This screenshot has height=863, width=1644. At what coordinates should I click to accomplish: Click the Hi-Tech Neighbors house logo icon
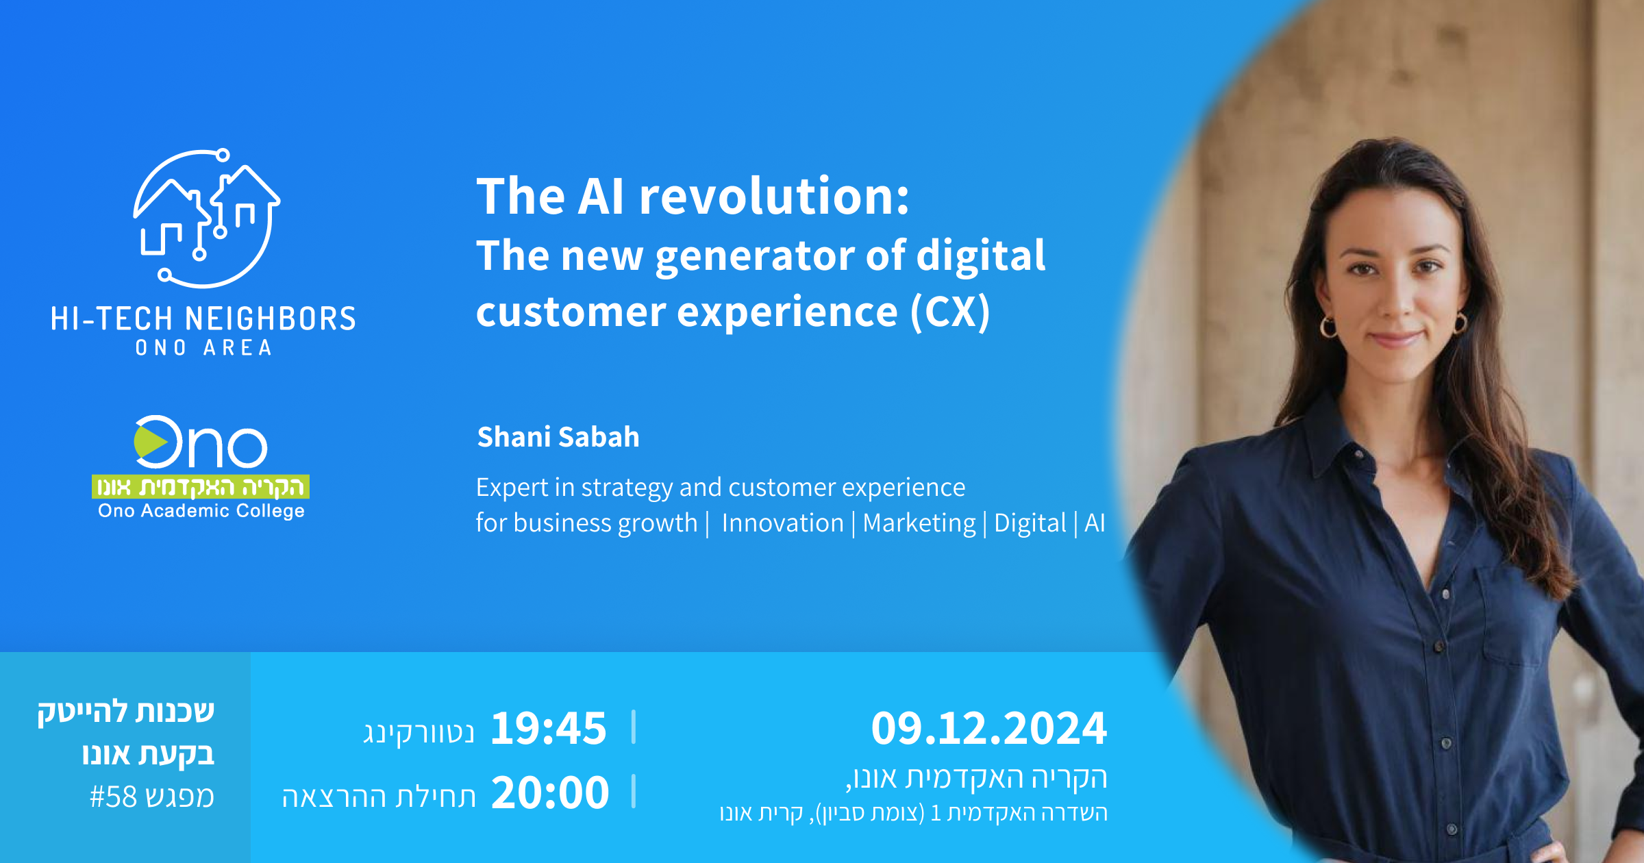point(206,218)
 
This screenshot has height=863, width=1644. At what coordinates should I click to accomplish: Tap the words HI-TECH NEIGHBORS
point(203,319)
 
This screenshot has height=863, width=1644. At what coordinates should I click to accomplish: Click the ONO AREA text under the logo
point(203,348)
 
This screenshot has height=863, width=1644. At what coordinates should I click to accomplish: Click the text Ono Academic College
point(201,511)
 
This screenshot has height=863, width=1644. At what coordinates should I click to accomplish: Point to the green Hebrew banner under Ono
point(201,486)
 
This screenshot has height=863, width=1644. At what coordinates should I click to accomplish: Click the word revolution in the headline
point(774,197)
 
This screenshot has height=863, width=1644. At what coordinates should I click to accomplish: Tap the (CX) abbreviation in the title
point(950,313)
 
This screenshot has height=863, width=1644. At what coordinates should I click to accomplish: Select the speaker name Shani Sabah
point(558,437)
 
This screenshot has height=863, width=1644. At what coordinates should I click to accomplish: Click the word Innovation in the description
point(782,523)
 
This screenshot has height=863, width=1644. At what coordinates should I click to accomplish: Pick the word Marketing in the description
point(919,524)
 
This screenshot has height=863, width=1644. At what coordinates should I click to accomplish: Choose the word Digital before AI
point(1030,524)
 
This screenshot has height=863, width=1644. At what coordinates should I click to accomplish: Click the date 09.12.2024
point(989,728)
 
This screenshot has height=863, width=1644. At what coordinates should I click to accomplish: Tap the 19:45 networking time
point(549,728)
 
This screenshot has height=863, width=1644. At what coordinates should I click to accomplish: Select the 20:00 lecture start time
point(550,792)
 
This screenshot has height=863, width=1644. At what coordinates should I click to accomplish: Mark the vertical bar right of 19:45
point(634,727)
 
